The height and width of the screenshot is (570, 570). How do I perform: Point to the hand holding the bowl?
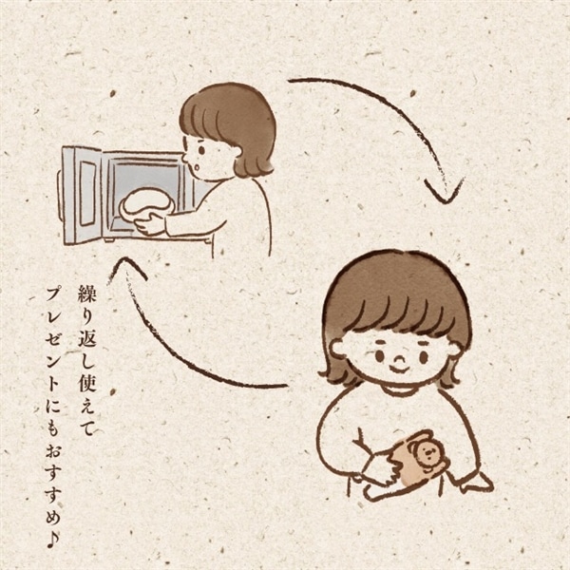click(x=149, y=225)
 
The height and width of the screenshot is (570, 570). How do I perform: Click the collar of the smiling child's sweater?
click(x=399, y=389)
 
